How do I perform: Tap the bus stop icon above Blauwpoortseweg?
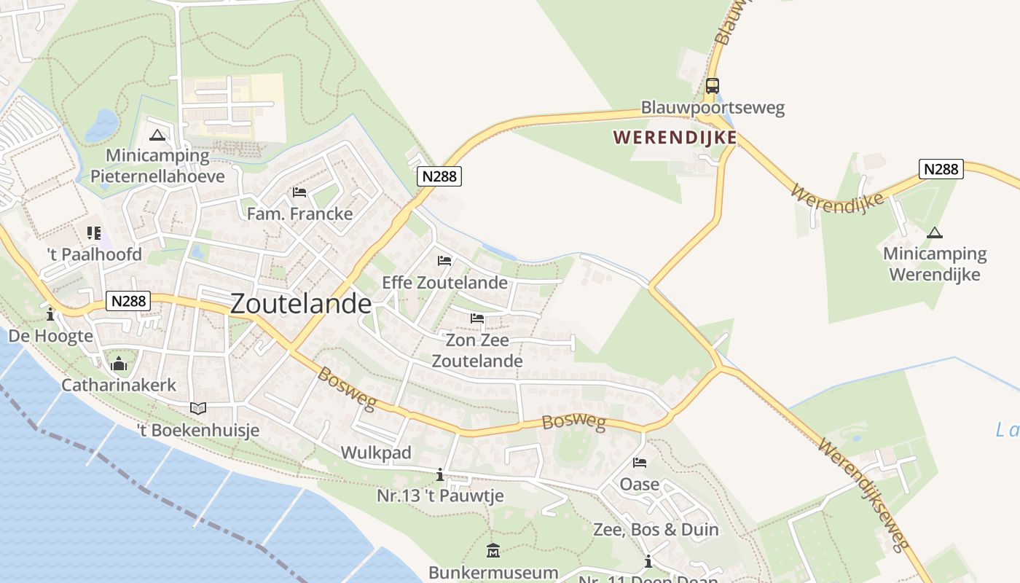coord(712,86)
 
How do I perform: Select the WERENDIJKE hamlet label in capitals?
coord(675,137)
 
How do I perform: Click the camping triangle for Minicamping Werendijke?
coord(934,233)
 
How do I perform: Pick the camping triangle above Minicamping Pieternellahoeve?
coord(157,135)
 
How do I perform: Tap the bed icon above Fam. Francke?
coord(299,192)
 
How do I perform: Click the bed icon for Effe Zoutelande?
coord(444,261)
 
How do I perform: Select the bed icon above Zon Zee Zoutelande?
coord(477,318)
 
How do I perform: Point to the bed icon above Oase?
coord(640,463)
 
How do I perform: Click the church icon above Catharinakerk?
coord(119,364)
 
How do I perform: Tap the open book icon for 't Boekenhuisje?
coord(198,408)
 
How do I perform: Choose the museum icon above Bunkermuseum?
coord(493,550)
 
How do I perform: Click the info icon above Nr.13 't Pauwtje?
coord(439,475)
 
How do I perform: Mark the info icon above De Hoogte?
coord(50,315)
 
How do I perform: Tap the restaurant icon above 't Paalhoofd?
coord(94,233)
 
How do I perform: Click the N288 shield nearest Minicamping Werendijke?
coord(941,169)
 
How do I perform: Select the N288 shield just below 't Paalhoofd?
coord(127,301)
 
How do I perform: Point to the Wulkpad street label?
coord(376,453)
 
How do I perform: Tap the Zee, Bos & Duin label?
coord(656,530)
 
